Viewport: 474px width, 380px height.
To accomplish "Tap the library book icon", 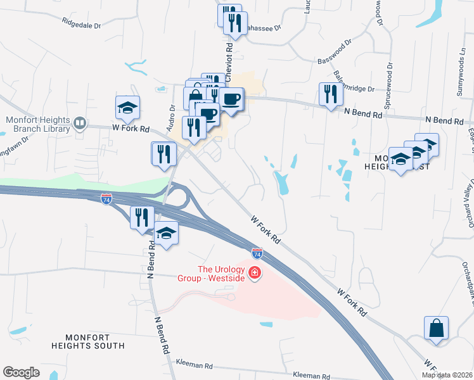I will (x=80, y=123).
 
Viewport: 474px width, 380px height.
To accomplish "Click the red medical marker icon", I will (x=255, y=274).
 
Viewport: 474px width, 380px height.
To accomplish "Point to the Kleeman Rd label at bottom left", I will (x=195, y=366).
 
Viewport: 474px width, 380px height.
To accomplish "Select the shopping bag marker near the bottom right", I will (x=436, y=329).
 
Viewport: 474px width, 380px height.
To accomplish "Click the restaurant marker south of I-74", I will (x=141, y=217).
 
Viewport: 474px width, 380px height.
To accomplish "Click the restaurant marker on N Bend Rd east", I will (x=331, y=94).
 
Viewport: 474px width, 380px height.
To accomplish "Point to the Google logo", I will (x=21, y=372).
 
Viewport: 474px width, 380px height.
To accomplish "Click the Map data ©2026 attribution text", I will (x=447, y=375).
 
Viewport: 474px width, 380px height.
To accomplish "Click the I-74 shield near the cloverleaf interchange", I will (x=107, y=199).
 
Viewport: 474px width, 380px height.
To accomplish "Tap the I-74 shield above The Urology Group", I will (x=257, y=253).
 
